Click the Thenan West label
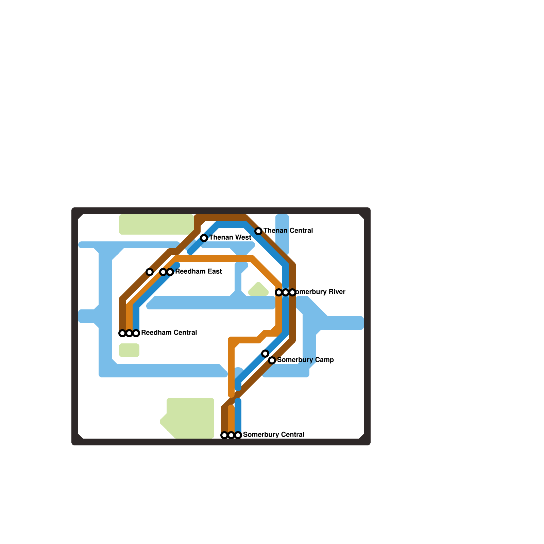pos(230,237)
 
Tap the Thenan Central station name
pos(288,231)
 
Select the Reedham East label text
pos(199,271)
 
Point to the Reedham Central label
pos(169,333)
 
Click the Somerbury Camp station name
pos(305,360)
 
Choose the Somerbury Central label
pos(274,435)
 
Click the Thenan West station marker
pos(204,238)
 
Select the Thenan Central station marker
pos(258,231)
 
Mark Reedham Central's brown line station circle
pos(122,333)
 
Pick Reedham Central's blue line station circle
pos(136,333)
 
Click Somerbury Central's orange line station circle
pos(231,435)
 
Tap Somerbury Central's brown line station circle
pos(224,435)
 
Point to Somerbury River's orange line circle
pos(279,292)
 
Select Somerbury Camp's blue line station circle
pos(265,354)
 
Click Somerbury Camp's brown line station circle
pos(272,360)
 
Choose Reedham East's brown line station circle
pos(150,272)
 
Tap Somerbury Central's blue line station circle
pos(238,435)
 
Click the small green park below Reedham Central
pos(129,350)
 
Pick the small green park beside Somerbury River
pos(258,290)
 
